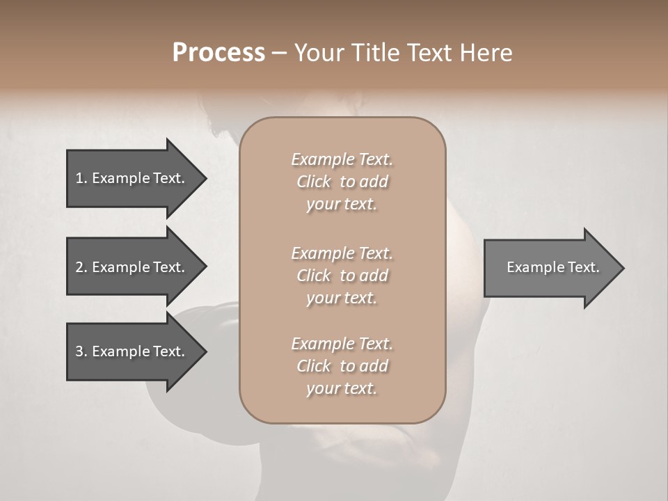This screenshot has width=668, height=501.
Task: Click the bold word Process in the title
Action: click(x=218, y=53)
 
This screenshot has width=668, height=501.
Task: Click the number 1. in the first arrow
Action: click(x=81, y=178)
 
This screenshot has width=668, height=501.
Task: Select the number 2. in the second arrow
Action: click(x=81, y=267)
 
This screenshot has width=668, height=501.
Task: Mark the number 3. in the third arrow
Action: click(x=81, y=351)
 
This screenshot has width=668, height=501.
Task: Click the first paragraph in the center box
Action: click(x=342, y=182)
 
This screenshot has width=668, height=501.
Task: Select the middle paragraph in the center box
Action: click(x=342, y=276)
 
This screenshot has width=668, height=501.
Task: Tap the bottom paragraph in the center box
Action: click(x=342, y=366)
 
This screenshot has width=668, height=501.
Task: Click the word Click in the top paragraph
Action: click(x=313, y=182)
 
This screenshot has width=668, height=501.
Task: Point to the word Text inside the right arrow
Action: click(x=584, y=267)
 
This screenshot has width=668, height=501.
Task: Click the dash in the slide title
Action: click(x=280, y=53)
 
